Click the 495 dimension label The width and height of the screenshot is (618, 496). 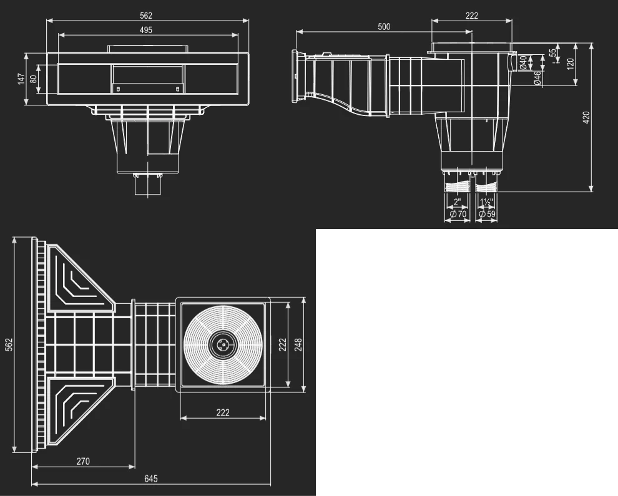(146, 30)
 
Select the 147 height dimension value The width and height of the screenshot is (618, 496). (21, 79)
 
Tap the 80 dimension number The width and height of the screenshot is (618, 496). (33, 79)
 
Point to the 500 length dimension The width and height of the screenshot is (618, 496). (384, 27)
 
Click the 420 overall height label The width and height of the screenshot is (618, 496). (586, 117)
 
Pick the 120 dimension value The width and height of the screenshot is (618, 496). (571, 64)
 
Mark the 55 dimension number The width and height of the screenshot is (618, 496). (553, 52)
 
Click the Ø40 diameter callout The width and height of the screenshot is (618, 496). (523, 62)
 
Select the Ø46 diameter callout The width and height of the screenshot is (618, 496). (537, 78)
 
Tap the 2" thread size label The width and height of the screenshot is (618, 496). (457, 202)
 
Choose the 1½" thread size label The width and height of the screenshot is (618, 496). (486, 202)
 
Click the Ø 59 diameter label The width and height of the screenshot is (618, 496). (487, 214)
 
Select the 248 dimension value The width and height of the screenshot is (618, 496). (298, 345)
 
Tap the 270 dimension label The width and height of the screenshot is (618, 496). (83, 461)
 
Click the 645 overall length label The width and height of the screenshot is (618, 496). (150, 479)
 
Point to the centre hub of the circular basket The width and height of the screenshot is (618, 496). (223, 345)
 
